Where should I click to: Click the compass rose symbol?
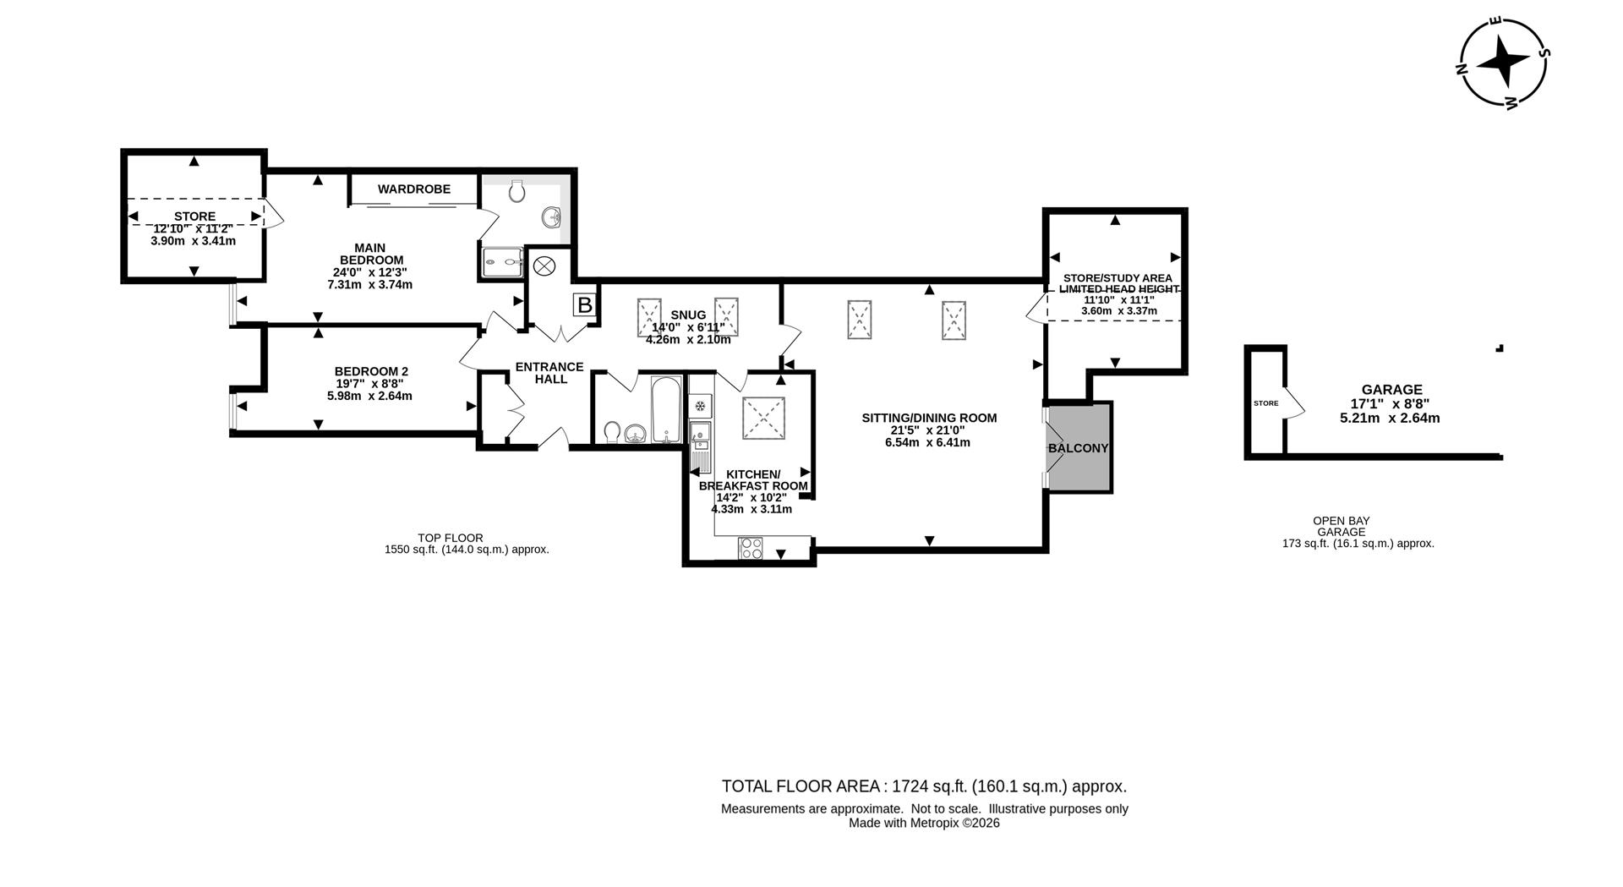(1505, 63)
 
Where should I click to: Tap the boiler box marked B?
(584, 305)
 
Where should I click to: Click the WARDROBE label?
(414, 189)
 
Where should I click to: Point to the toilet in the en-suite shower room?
(517, 192)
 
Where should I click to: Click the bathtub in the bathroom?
(666, 410)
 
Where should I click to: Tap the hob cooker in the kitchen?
(751, 548)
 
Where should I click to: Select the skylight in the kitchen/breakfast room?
(763, 418)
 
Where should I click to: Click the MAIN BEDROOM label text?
(371, 254)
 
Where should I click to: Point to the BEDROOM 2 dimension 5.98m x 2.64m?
(371, 396)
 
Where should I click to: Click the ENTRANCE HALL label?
(549, 373)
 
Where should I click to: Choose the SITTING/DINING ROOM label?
(929, 418)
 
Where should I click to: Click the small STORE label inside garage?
(1265, 403)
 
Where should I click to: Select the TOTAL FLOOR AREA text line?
(924, 786)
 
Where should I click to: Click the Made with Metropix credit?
(924, 823)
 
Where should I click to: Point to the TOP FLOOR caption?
(451, 538)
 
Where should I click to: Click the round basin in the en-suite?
(553, 216)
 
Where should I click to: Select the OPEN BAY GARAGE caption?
(1341, 526)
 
